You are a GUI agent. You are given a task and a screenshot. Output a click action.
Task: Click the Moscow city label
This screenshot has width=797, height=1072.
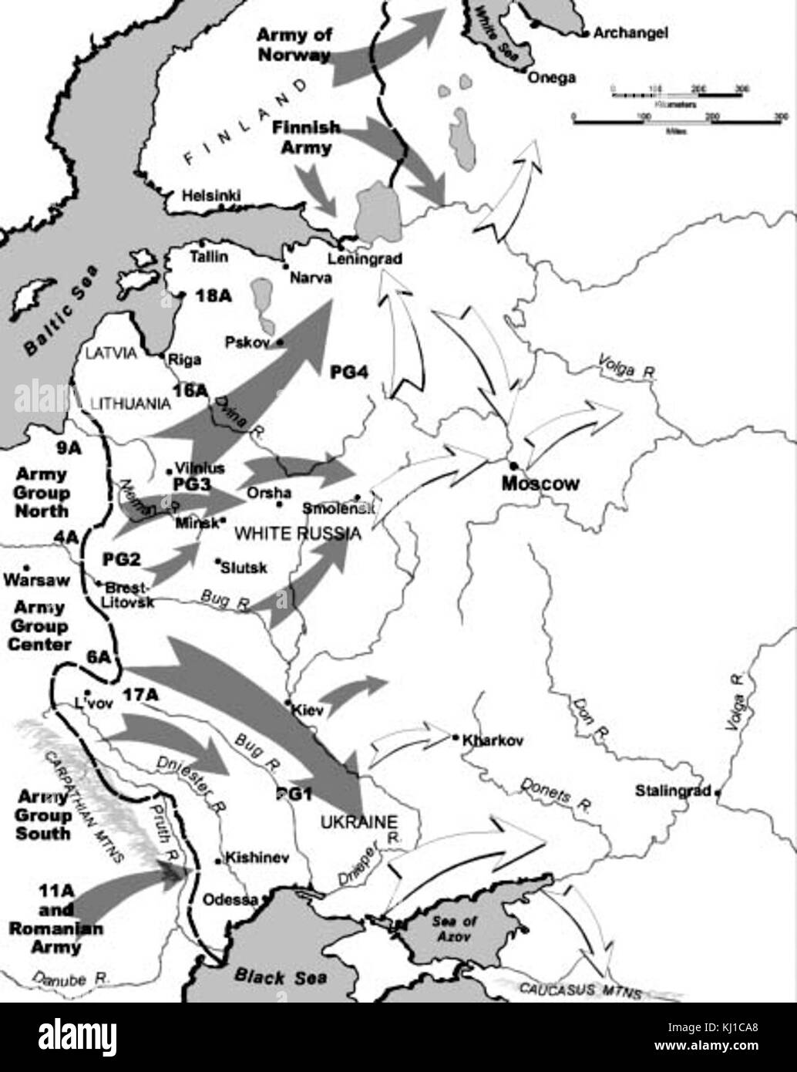pos(540,484)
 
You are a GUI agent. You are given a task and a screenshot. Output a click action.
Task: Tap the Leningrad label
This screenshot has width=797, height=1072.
pos(365,259)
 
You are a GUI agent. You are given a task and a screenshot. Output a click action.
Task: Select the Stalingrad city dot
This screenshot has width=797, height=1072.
pos(718,792)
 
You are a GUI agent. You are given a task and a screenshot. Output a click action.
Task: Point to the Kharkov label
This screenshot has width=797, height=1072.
pos(493,740)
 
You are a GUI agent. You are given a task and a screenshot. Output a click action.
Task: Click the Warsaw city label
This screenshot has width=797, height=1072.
pos(36,579)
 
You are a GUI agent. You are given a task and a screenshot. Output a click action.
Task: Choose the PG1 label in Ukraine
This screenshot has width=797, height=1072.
pos(294,794)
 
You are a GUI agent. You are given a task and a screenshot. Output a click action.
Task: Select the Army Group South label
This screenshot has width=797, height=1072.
pos(43,815)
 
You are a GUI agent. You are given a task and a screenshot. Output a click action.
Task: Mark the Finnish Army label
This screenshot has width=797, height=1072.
pos(305,137)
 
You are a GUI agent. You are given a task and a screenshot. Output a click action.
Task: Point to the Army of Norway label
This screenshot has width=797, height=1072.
pos(293,45)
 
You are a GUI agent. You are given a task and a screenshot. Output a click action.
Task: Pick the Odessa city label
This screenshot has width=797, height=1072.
pos(230,899)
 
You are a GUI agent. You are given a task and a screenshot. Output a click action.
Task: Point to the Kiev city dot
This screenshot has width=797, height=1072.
pos(288,703)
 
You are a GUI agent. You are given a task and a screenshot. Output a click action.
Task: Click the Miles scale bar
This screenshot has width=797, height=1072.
pos(677,120)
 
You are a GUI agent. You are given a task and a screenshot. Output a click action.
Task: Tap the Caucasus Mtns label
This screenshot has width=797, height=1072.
pos(580,989)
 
